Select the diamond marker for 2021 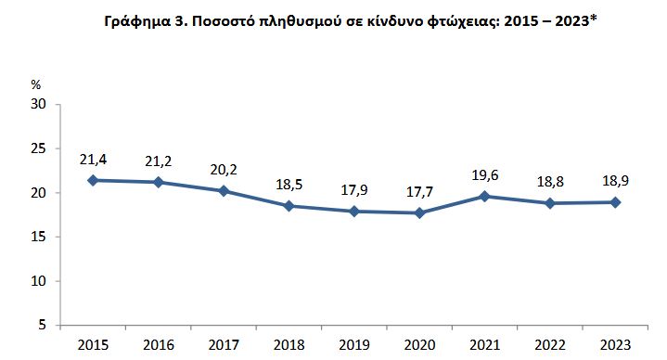[484, 196]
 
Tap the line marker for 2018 [289, 205]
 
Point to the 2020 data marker [419, 212]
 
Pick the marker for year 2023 [615, 202]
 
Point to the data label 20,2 [224, 170]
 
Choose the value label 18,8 [550, 182]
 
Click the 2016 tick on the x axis [158, 345]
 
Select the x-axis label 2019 [354, 345]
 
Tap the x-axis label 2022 [550, 345]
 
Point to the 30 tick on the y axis [39, 105]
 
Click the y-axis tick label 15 [39, 238]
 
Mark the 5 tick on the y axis [43, 326]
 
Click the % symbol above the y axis [36, 84]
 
